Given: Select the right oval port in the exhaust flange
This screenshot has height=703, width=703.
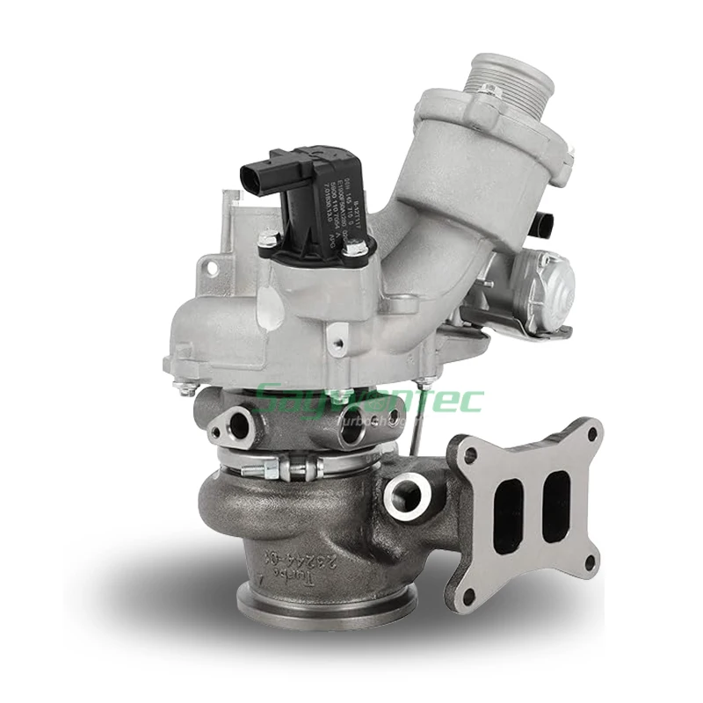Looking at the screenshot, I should point(556,505).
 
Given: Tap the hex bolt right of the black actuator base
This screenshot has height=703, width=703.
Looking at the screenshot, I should point(356,250).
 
